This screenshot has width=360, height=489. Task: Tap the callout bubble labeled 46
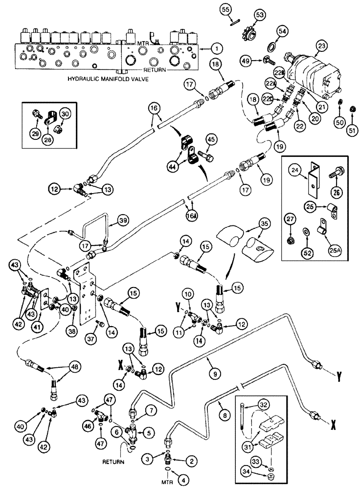89,427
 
